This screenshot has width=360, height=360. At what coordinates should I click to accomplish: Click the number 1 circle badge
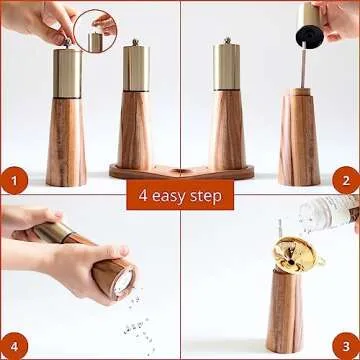click(x=13, y=181)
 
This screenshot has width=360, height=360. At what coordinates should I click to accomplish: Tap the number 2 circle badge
click(x=345, y=181)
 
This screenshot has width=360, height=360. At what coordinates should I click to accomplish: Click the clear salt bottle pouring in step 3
click(x=335, y=212)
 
